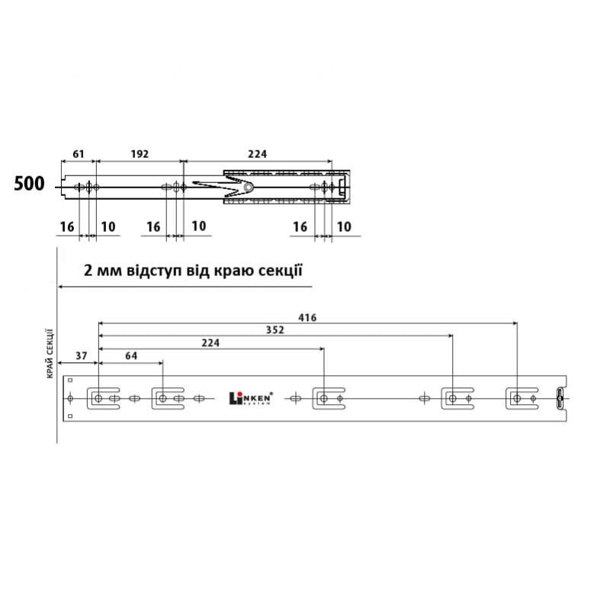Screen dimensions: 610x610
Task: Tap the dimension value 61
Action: click(78, 153)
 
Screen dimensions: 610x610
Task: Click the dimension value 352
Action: click(276, 329)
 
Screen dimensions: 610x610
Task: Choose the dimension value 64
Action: click(130, 356)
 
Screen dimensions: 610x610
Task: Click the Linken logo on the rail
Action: click(251, 397)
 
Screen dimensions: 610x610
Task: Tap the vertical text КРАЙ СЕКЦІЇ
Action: click(49, 352)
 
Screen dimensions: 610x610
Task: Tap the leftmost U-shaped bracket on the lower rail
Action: click(99, 398)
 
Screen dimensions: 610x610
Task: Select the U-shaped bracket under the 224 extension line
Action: click(325, 398)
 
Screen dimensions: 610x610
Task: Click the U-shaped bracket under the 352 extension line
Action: click(453, 398)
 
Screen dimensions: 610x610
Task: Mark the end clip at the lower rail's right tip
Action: click(558, 398)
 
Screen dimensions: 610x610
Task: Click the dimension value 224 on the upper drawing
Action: click(258, 153)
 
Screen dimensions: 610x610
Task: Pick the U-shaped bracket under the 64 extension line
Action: click(163, 398)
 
